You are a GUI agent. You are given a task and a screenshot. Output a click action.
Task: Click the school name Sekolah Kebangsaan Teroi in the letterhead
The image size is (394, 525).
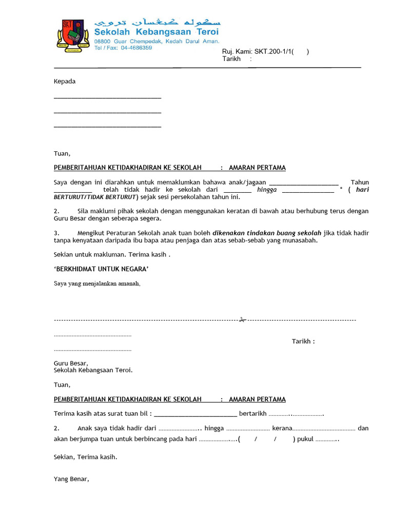(x=156, y=32)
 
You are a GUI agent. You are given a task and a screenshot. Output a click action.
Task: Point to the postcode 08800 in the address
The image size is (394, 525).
(x=103, y=41)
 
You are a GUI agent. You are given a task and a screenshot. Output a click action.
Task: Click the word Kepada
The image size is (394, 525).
(x=65, y=82)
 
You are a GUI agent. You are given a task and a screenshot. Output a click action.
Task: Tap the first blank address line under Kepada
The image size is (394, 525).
(x=107, y=97)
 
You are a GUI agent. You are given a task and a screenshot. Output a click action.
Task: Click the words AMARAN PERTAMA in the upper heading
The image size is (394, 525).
(x=257, y=168)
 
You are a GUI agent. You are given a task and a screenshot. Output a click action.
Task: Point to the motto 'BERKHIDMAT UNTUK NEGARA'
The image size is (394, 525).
(x=102, y=269)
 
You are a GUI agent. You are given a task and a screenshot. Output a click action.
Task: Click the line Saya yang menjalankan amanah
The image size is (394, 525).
(x=97, y=284)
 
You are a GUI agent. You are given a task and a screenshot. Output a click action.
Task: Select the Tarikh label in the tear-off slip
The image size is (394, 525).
(x=303, y=341)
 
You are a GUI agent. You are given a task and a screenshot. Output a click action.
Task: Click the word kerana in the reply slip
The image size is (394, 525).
(x=282, y=428)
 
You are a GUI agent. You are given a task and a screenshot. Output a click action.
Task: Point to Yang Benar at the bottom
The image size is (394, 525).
(x=71, y=479)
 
